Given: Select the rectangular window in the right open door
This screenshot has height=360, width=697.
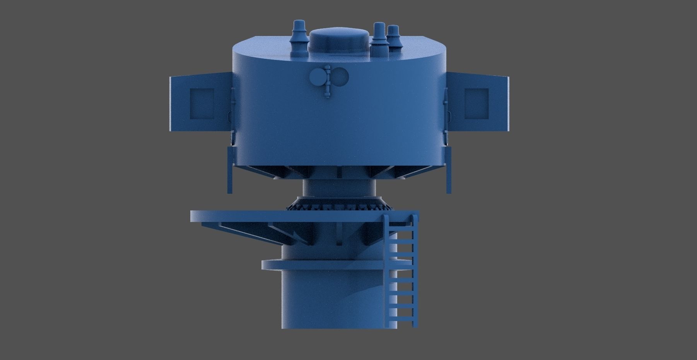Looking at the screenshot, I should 476,103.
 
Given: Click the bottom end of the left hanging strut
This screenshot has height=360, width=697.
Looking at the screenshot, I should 230,191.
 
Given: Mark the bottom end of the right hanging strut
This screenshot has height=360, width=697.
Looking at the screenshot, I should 448,191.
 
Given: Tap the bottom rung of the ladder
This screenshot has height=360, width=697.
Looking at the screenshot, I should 402,319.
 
